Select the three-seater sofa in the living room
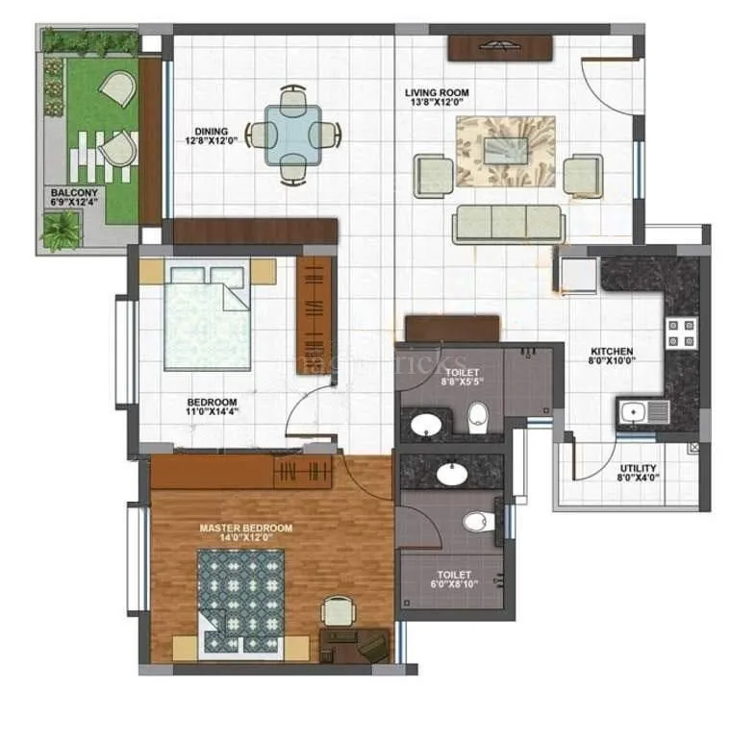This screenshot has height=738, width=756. (508, 223)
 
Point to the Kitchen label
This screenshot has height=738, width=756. (611, 351)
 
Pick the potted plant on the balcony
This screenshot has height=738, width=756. (63, 232)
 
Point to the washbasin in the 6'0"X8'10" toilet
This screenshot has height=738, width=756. (449, 473)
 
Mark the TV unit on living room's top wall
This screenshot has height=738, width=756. (499, 47)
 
